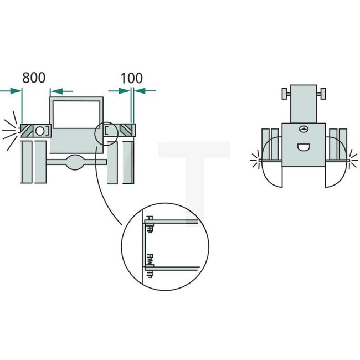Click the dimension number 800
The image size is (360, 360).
tap(34, 78)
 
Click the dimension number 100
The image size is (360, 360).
tap(132, 78)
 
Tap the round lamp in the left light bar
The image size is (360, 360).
tap(40, 131)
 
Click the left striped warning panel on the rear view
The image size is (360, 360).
tap(27, 131)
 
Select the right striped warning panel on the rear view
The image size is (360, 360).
tap(126, 130)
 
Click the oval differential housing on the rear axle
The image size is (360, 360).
tap(75, 162)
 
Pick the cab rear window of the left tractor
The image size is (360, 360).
tap(76, 114)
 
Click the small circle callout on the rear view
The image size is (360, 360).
tap(106, 134)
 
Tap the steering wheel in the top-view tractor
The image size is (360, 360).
tap(304, 129)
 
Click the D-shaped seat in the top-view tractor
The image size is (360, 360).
tap(304, 147)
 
